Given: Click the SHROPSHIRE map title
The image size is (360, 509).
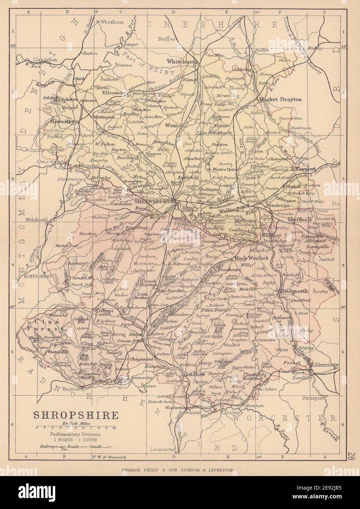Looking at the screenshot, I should click(76, 415).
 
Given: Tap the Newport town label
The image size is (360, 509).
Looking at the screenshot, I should click(305, 170).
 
